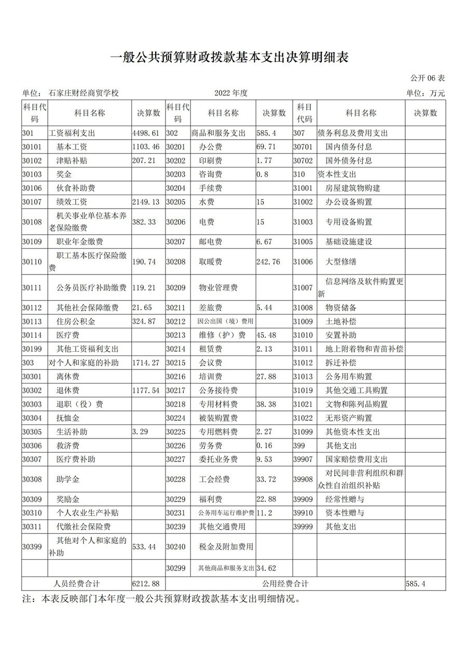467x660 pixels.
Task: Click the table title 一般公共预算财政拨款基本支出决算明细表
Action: (233, 57)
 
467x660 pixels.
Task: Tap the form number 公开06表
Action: (428, 78)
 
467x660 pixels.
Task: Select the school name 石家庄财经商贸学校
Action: (84, 93)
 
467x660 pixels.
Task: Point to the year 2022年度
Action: (231, 93)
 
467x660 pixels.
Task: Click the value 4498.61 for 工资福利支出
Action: (145, 133)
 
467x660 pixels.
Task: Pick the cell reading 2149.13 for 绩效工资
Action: (145, 202)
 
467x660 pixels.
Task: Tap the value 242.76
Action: (268, 262)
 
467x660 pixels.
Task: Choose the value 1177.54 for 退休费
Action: (145, 390)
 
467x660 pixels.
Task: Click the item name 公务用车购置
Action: (349, 377)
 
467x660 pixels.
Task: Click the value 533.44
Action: (145, 547)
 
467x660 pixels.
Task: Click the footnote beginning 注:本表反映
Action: (161, 599)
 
